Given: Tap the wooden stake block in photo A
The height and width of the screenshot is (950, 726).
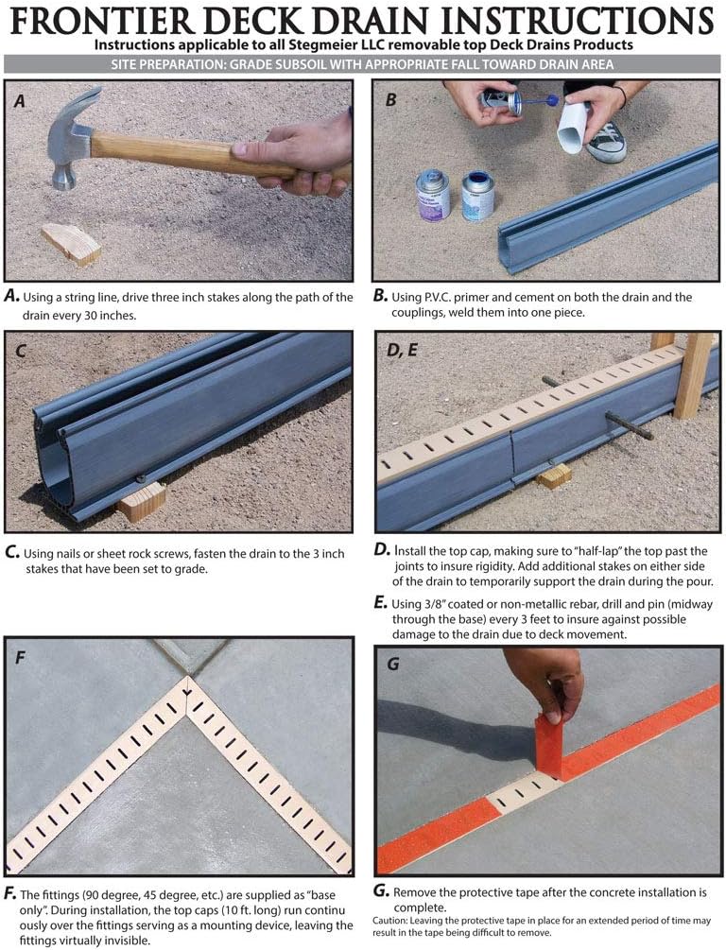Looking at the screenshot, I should point(72,244).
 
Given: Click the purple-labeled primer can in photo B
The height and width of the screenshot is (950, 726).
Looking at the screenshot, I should point(433,195).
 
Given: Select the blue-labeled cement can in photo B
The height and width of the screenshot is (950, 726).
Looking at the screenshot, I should point(477,195).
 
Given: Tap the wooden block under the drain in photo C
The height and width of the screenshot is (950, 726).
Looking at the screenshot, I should point(141,501).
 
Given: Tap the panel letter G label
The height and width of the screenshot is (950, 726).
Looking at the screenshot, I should point(394,665).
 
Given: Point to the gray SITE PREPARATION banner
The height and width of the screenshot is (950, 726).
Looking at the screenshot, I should point(362,64).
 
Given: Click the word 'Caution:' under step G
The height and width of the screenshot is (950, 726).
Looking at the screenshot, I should point(394,919).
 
